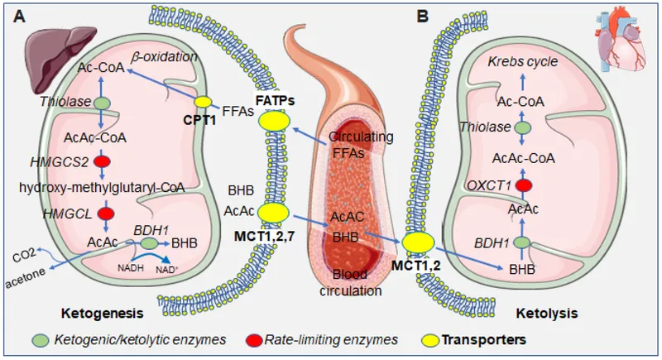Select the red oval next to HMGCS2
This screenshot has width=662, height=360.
(x=103, y=161)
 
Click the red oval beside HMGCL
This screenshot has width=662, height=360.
(x=104, y=214)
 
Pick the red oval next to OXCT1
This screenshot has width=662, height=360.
(x=522, y=185)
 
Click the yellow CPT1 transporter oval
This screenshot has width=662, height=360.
(x=203, y=102)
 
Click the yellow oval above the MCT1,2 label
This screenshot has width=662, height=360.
(x=420, y=242)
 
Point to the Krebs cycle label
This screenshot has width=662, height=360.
(x=523, y=62)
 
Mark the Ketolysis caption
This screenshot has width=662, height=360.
(x=545, y=314)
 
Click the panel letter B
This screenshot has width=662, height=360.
(x=424, y=15)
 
